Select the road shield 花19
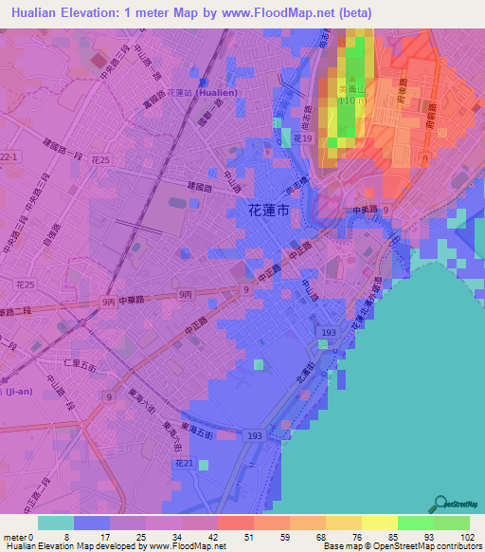pyautogui.click(x=302, y=138)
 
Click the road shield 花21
pyautogui.click(x=184, y=463)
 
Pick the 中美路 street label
pyautogui.click(x=365, y=209)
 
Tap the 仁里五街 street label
pyautogui.click(x=76, y=363)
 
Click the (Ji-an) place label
pyautogui.click(x=19, y=391)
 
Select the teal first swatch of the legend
pyautogui.click(x=55, y=523)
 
